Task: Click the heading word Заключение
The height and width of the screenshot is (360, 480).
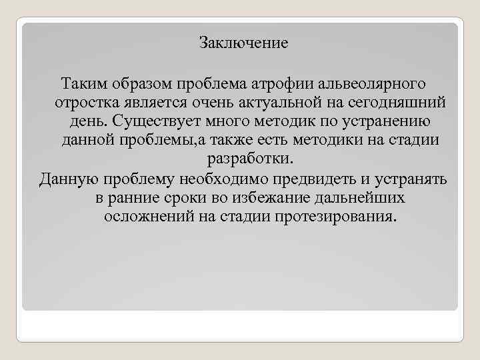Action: pos(243,43)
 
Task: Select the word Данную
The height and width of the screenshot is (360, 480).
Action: pos(67,179)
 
